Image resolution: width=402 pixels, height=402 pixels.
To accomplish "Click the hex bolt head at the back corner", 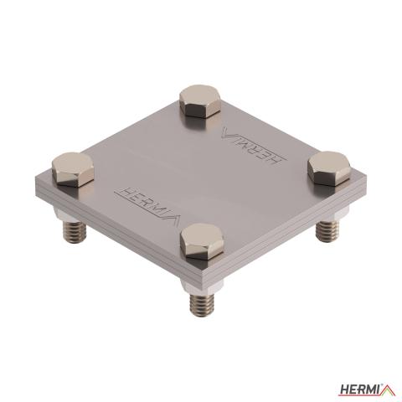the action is click(x=200, y=102).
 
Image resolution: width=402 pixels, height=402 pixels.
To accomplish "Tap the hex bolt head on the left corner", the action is click(x=73, y=170).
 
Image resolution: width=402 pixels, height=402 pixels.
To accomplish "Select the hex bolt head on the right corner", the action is click(x=329, y=168).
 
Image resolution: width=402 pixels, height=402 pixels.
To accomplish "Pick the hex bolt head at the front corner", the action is click(x=202, y=241).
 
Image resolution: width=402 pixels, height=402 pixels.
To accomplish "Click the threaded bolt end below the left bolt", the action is click(x=75, y=231).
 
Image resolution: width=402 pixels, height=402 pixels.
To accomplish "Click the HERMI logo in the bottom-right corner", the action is click(x=367, y=389).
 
